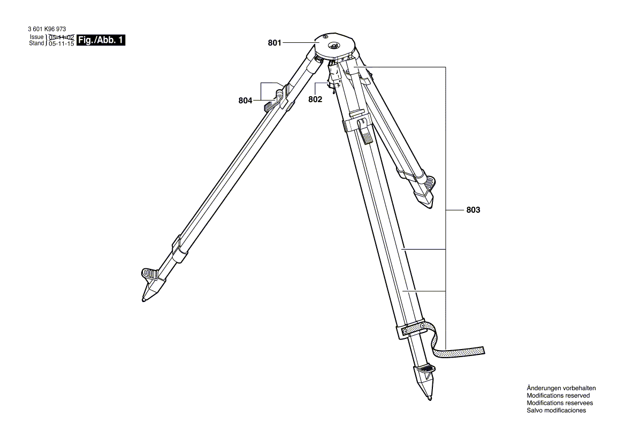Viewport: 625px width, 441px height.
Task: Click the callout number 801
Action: (x=275, y=43)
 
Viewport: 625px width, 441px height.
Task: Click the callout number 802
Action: (x=315, y=99)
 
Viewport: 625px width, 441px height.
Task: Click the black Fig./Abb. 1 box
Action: (x=101, y=40)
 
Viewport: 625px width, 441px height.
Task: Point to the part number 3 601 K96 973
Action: (x=47, y=29)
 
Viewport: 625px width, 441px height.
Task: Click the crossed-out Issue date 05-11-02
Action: (x=61, y=36)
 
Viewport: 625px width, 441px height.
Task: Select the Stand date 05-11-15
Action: (x=61, y=43)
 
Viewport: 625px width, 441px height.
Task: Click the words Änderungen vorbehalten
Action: (x=561, y=388)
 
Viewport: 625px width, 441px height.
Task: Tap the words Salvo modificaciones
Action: (x=556, y=411)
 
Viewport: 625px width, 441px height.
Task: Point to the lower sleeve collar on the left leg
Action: (x=180, y=249)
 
